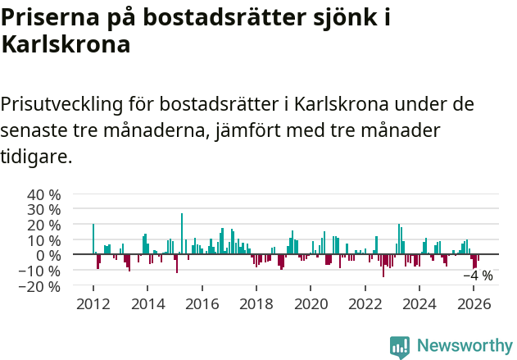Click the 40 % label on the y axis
pyautogui.click(x=44, y=195)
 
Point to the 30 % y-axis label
pyautogui.click(x=44, y=210)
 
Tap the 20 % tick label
pyautogui.click(x=44, y=226)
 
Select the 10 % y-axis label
pyautogui.click(x=44, y=240)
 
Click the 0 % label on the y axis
pyautogui.click(x=48, y=256)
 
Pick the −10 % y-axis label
pyautogui.click(x=40, y=271)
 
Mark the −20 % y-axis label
pyautogui.click(x=40, y=286)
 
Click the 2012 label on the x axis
pyautogui.click(x=93, y=303)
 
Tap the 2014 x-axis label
pyautogui.click(x=147, y=303)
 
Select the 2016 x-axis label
pyautogui.click(x=202, y=303)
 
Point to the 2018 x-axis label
pyautogui.click(x=256, y=303)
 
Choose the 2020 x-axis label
pyautogui.click(x=311, y=303)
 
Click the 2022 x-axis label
pyautogui.click(x=365, y=303)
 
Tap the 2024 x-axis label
pyautogui.click(x=420, y=303)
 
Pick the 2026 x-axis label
pyautogui.click(x=474, y=303)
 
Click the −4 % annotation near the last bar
pyautogui.click(x=478, y=276)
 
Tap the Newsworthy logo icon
pyautogui.click(x=400, y=347)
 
